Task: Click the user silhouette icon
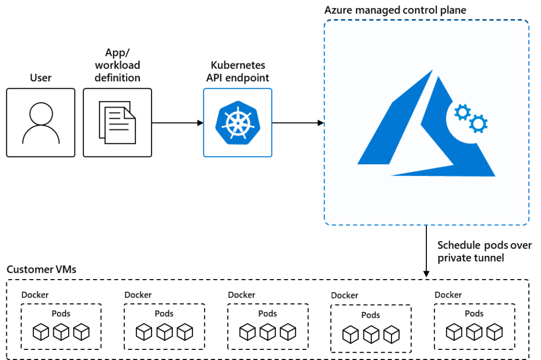(x=41, y=123)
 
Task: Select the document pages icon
(x=117, y=124)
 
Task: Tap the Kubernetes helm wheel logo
(x=238, y=123)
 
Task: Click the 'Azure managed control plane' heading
(x=395, y=10)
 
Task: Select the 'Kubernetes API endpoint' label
(x=238, y=72)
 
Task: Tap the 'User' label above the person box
(x=41, y=78)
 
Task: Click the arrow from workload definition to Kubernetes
(x=178, y=123)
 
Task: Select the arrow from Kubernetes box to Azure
(x=298, y=123)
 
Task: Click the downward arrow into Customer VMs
(x=426, y=251)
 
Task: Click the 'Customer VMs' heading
(x=42, y=270)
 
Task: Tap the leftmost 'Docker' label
(x=35, y=295)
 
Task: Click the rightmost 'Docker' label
(x=448, y=295)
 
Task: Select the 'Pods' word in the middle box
(x=268, y=313)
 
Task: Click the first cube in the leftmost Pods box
(x=41, y=332)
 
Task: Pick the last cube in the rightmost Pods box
(x=494, y=332)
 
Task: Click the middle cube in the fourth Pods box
(x=371, y=334)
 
